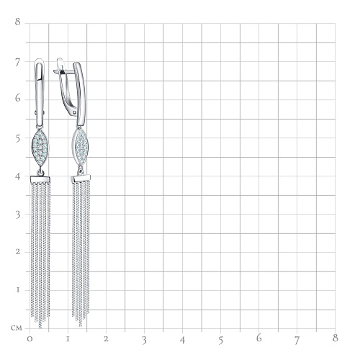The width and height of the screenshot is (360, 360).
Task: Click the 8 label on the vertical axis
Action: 18,22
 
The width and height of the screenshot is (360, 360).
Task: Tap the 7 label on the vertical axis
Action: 17,63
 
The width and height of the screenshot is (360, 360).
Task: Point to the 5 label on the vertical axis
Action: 18,139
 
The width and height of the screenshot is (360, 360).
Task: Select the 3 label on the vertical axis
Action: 18,215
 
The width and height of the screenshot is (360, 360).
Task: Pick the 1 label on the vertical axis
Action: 18,290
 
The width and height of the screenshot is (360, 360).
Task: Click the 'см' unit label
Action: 17,328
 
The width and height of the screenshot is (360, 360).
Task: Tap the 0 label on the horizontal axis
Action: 30,339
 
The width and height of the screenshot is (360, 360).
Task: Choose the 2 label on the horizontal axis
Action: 106,339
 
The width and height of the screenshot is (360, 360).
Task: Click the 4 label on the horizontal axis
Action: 182,340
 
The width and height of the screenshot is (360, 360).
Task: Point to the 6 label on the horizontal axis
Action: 258,338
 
